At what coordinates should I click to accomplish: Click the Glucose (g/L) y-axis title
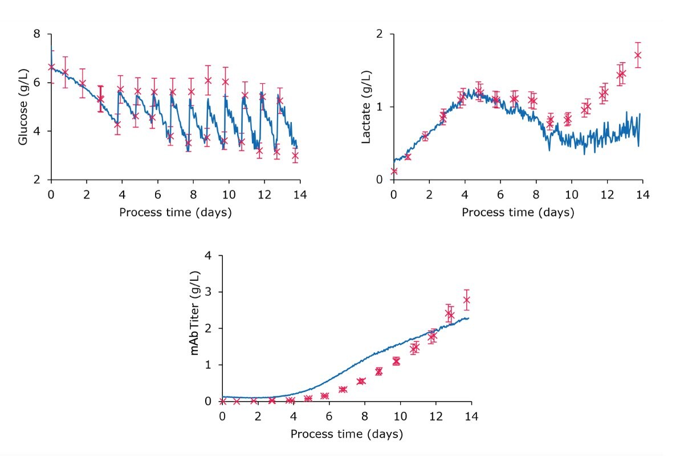tap(23, 107)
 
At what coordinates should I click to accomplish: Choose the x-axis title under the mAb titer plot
tap(347, 434)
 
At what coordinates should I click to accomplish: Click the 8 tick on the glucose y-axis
tap(37, 34)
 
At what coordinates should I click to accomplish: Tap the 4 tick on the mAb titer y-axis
tap(208, 256)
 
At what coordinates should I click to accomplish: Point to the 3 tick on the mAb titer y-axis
tap(208, 292)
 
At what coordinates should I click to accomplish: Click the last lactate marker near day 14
tap(638, 55)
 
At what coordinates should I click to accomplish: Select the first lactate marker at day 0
tap(394, 171)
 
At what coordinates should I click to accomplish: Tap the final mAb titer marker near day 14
tap(466, 300)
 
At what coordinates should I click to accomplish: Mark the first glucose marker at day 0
tap(52, 67)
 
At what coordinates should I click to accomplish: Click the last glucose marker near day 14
tap(295, 156)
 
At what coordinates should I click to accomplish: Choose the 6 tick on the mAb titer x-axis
tap(329, 416)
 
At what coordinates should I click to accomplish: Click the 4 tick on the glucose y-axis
tap(37, 131)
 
